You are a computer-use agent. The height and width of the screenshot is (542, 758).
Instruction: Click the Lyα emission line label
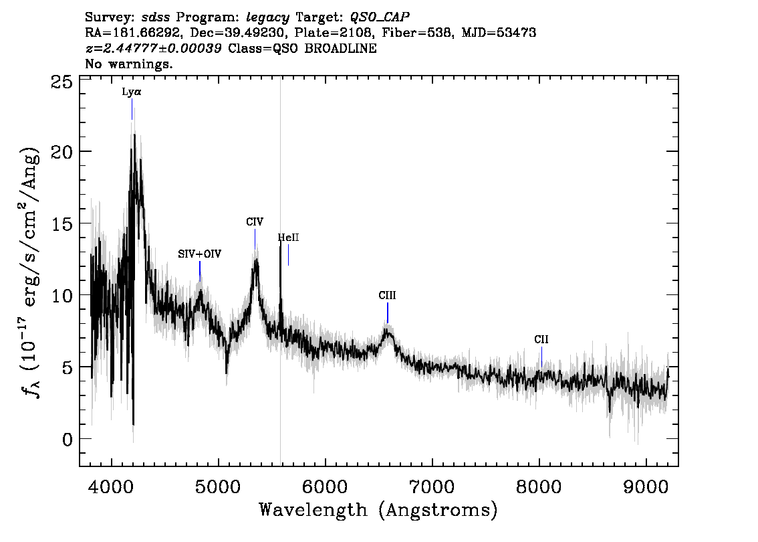(x=132, y=92)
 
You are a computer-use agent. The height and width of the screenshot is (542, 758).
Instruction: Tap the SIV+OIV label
(x=200, y=254)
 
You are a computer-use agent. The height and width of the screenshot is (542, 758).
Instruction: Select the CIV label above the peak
(x=255, y=222)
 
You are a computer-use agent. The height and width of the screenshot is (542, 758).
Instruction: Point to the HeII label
(x=288, y=238)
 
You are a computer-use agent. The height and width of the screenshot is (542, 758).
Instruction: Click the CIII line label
(x=387, y=296)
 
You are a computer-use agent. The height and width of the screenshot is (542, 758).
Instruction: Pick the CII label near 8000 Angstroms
(x=541, y=340)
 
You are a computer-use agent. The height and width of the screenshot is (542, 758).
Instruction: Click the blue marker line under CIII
(x=387, y=312)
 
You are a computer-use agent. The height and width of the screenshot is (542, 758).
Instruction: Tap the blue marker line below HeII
(x=289, y=255)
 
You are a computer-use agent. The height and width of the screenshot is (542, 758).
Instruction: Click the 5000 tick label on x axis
(x=219, y=487)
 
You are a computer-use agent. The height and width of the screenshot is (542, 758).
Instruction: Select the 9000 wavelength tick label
(x=646, y=487)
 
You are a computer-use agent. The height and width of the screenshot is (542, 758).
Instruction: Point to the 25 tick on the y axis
(x=61, y=83)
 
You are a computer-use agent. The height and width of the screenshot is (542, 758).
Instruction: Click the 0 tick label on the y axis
(x=67, y=440)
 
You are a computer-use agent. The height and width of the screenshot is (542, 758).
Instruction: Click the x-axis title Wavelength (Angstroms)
(x=378, y=510)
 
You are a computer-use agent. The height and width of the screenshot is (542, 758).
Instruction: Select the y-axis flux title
(x=31, y=273)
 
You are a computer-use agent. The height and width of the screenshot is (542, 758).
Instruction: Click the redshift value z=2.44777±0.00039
(x=153, y=48)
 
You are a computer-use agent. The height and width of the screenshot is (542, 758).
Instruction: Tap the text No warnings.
(x=128, y=64)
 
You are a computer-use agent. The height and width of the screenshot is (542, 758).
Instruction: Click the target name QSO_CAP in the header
(x=380, y=17)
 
